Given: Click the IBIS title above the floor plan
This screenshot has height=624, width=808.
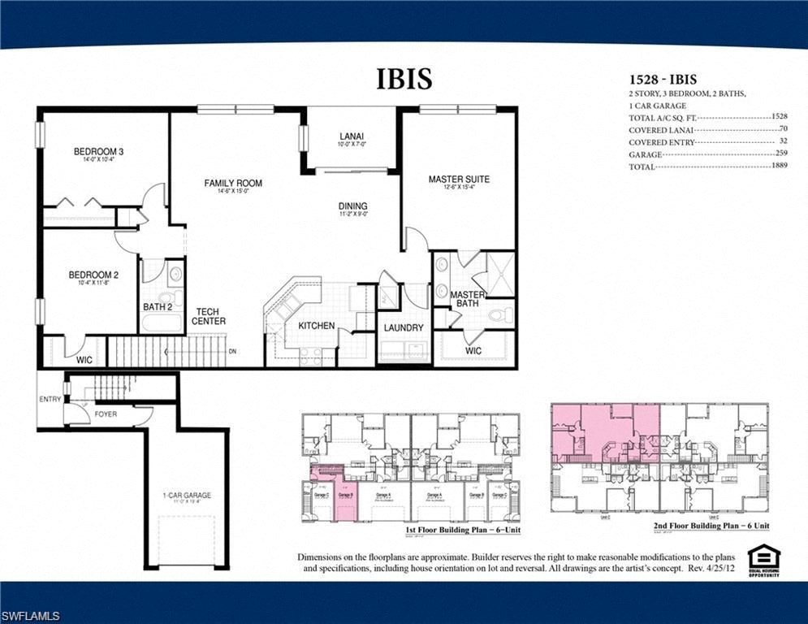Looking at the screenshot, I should [x=404, y=79].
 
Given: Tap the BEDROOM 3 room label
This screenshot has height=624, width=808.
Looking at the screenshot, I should [x=98, y=152].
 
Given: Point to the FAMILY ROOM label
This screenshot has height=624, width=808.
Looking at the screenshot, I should [x=233, y=184].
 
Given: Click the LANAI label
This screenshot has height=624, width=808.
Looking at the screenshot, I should [x=352, y=136].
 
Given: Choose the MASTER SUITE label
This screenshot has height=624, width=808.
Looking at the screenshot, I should [x=459, y=180].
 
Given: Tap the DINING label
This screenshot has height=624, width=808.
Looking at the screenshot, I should [x=353, y=206].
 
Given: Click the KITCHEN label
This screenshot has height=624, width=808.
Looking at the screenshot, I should [x=316, y=326].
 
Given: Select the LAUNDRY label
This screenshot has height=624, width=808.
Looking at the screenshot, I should [x=404, y=328].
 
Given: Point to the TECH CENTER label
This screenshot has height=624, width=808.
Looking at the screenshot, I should [x=209, y=316].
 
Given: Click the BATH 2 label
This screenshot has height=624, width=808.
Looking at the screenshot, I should [x=158, y=307].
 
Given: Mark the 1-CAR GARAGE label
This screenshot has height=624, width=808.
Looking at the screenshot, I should [x=186, y=495].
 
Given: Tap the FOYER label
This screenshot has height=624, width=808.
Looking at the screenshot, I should [x=106, y=414].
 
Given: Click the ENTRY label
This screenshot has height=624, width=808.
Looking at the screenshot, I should [x=50, y=400].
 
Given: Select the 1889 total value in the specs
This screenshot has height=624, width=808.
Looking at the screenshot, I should [x=782, y=167].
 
